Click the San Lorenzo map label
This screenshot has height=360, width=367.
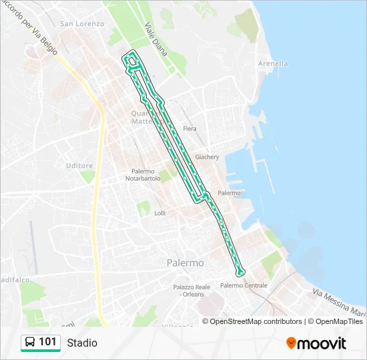82,24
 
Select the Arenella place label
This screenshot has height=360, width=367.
273,64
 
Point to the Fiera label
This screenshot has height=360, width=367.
190,129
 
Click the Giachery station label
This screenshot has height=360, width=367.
207,157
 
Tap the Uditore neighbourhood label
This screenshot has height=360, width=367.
79,165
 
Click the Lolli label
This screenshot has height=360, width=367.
159,213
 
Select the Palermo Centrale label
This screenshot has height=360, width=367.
244,285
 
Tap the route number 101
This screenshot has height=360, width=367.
47,342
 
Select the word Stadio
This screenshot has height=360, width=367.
82,343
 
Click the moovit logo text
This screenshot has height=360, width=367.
322,343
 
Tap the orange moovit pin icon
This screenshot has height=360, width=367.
291,343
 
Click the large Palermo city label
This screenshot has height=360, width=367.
185,263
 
